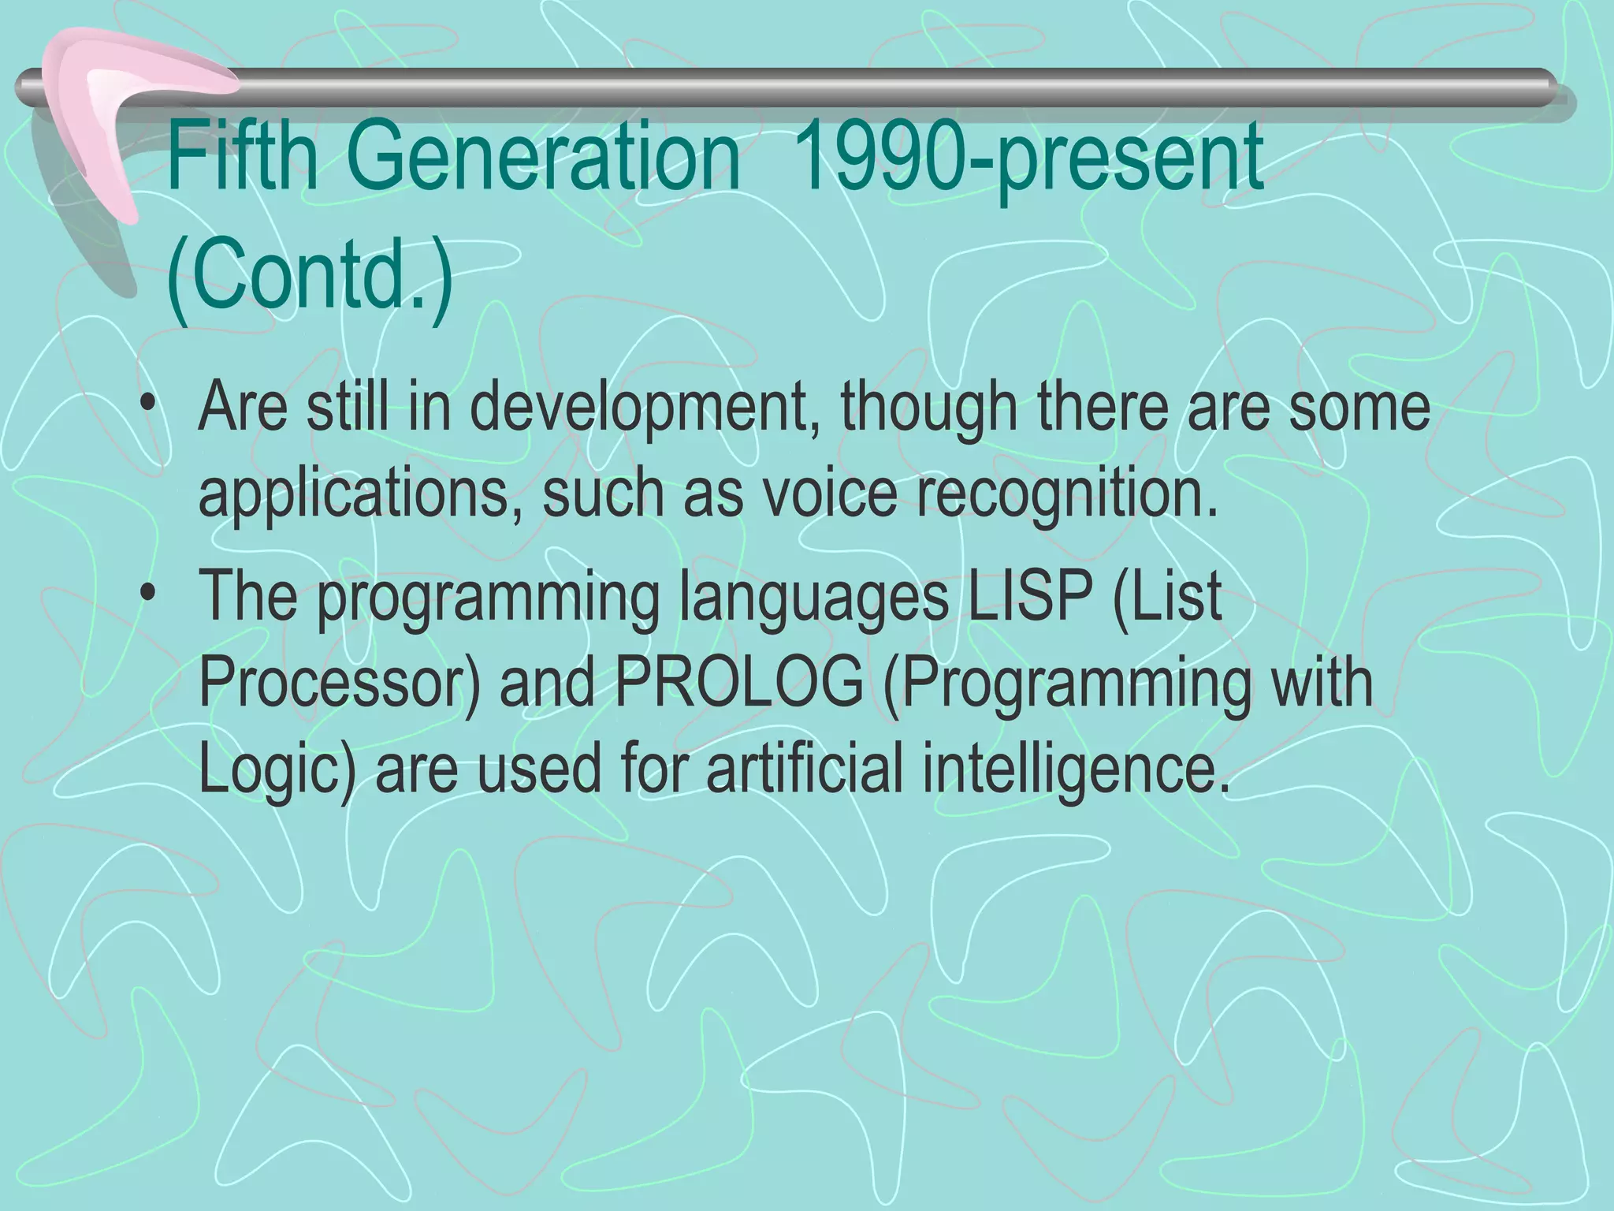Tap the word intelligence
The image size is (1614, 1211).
click(1076, 771)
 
